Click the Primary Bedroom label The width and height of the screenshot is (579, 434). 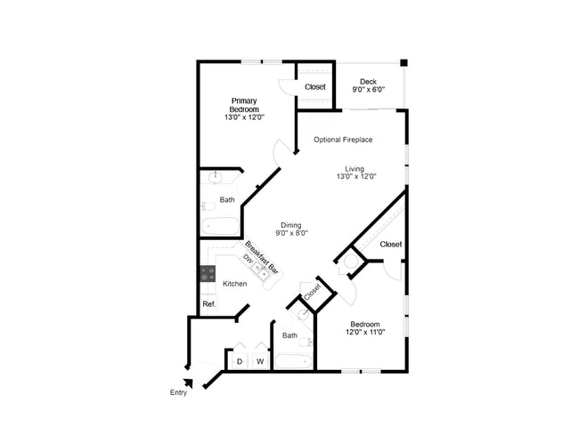(x=244, y=105)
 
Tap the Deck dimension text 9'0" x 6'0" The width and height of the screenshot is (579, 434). (x=368, y=90)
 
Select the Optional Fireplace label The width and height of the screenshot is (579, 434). (x=343, y=140)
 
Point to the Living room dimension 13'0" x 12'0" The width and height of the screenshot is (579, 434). (x=356, y=176)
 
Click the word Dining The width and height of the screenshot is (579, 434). (x=290, y=225)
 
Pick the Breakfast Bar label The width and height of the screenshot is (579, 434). (x=263, y=257)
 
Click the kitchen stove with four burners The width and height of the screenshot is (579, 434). (x=207, y=274)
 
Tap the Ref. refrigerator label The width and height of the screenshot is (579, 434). (x=208, y=304)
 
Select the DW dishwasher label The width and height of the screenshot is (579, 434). (x=248, y=259)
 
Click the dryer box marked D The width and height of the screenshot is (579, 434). (x=238, y=361)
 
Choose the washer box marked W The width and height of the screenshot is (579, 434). (x=260, y=361)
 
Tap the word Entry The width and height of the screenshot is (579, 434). (x=178, y=393)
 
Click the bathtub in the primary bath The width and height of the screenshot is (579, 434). (x=219, y=226)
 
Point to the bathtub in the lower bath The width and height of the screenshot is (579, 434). (x=293, y=361)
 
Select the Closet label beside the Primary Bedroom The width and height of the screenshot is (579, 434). (x=315, y=87)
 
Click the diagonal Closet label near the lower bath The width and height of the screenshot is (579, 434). (x=312, y=291)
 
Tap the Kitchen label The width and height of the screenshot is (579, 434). (x=234, y=284)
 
